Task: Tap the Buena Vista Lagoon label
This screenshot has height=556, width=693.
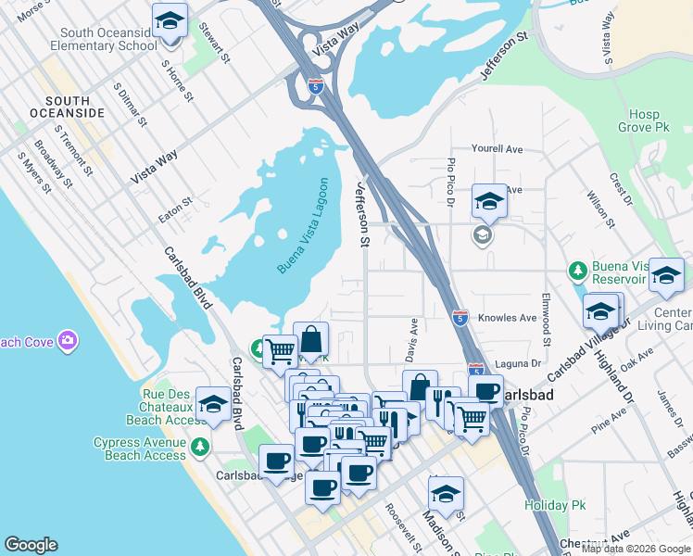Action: click(x=303, y=225)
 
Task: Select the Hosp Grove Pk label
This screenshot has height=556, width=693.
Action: click(x=644, y=121)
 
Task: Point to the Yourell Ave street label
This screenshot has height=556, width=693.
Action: click(x=498, y=148)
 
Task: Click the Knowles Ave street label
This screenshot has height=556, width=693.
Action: click(x=508, y=318)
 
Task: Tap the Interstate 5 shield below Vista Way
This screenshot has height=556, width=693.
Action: click(x=317, y=86)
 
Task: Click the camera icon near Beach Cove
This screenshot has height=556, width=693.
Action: click(x=67, y=341)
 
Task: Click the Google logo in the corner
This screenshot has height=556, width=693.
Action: click(x=31, y=545)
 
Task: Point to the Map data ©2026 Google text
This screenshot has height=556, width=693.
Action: click(x=636, y=549)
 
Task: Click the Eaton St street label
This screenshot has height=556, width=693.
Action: click(x=174, y=208)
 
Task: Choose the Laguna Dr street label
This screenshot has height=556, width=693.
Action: click(x=520, y=363)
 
